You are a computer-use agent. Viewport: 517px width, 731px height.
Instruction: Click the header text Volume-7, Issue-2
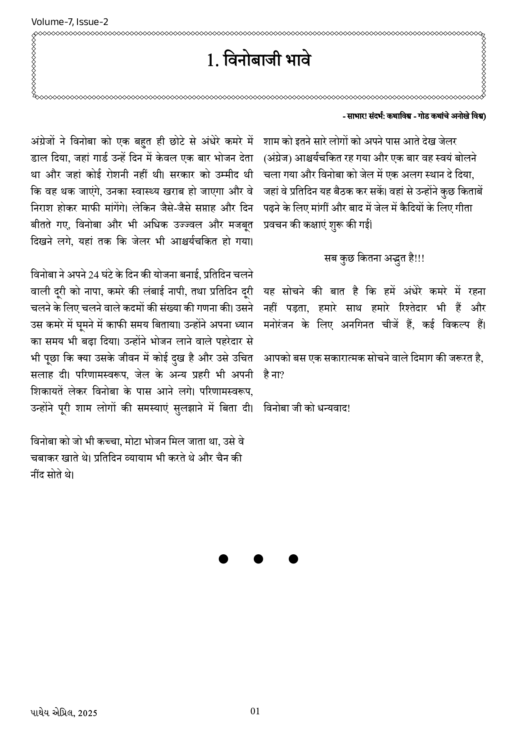[70, 22]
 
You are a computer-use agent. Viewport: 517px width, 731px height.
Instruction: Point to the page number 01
[255, 711]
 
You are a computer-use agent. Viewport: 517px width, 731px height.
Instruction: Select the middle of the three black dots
[258, 559]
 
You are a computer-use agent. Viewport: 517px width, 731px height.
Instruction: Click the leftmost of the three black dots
[223, 559]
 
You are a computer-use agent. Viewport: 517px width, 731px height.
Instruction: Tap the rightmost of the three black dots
[293, 559]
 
